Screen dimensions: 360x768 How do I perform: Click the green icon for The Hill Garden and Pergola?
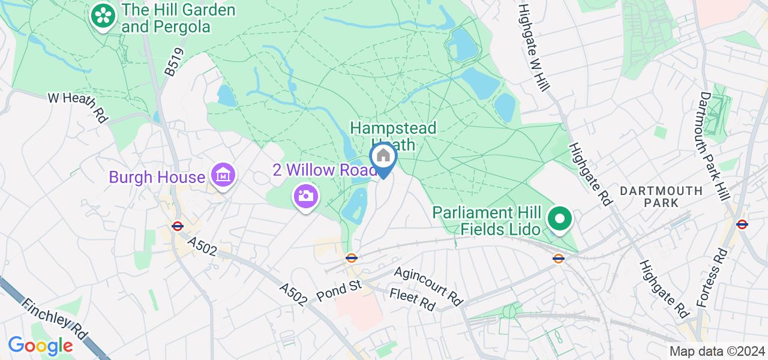pyautogui.click(x=103, y=16)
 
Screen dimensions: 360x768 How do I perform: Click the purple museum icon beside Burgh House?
pyautogui.click(x=224, y=176)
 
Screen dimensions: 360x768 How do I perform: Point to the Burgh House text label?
pyautogui.click(x=157, y=178)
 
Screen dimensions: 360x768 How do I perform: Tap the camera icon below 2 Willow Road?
pyautogui.click(x=305, y=196)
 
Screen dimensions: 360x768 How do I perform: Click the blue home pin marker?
pyautogui.click(x=383, y=158)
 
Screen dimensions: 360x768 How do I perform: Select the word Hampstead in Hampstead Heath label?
pyautogui.click(x=393, y=128)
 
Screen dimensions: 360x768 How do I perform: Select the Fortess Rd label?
pyautogui.click(x=713, y=277)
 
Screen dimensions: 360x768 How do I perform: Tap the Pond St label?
pyautogui.click(x=339, y=290)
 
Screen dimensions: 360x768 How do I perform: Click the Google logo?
pyautogui.click(x=40, y=346)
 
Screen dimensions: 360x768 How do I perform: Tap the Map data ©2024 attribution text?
pyautogui.click(x=717, y=352)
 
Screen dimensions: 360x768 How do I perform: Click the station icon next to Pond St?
pyautogui.click(x=352, y=258)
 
